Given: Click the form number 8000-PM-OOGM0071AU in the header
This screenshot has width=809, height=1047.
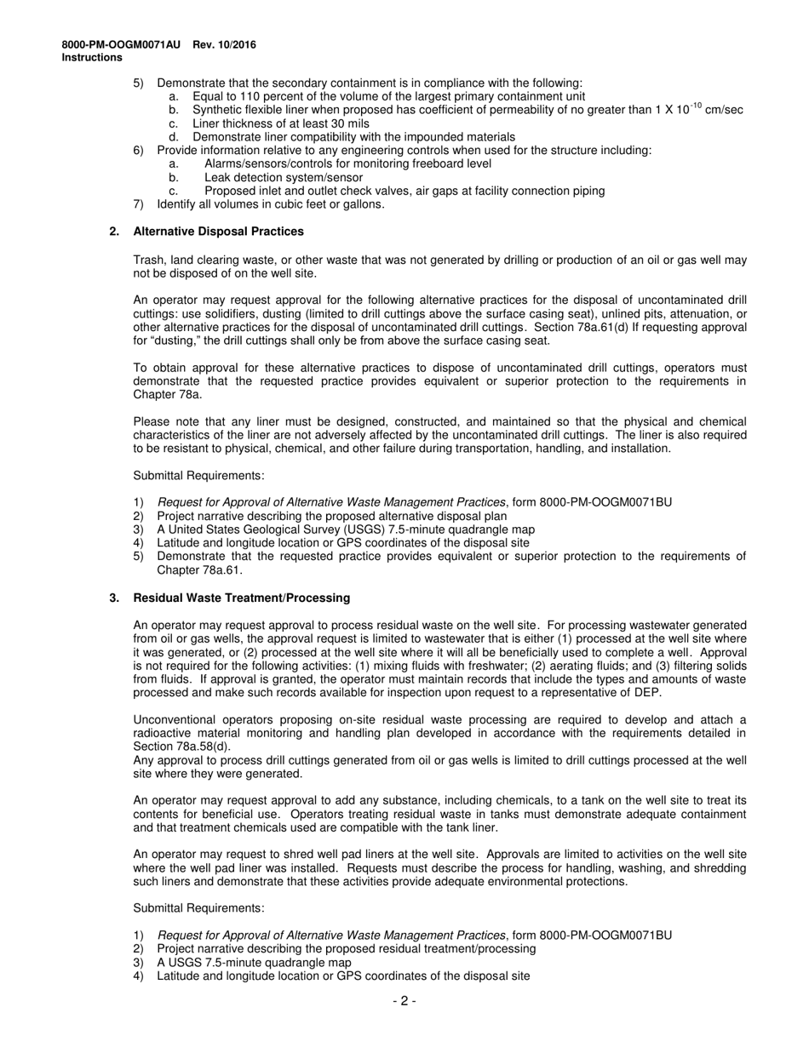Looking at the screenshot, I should (x=121, y=45).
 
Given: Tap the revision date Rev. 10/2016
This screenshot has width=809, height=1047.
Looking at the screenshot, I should (x=224, y=45).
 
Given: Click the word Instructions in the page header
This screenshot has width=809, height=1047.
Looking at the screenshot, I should (x=92, y=58).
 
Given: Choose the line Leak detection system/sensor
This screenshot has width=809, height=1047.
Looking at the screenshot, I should (x=277, y=177).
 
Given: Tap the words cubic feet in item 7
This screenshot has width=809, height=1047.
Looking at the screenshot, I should (x=297, y=204).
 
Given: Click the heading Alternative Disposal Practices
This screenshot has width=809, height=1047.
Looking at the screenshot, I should (x=218, y=232).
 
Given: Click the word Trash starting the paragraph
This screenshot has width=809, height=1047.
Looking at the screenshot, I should (x=149, y=260).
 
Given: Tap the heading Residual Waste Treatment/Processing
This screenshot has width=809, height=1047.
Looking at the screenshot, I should (x=241, y=598).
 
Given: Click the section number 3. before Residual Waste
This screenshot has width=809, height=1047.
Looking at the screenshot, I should (x=114, y=598).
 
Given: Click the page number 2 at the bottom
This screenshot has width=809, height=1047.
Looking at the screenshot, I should (x=404, y=1001).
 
